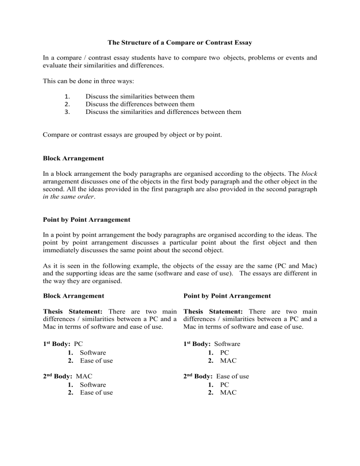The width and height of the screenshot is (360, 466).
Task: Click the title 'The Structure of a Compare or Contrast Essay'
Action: click(x=180, y=43)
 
